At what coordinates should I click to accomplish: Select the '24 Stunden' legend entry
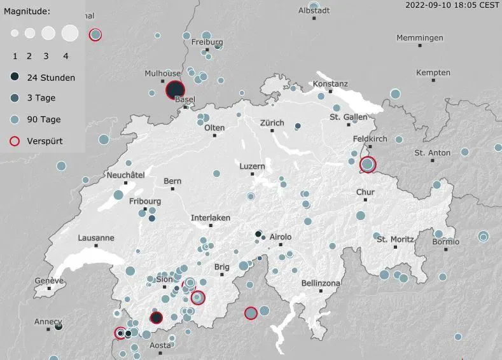(50, 78)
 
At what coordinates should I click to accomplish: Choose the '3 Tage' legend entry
(41, 99)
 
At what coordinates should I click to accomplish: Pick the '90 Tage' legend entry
(43, 120)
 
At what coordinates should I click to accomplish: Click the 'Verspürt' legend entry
(45, 141)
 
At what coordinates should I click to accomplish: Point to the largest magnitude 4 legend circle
(69, 32)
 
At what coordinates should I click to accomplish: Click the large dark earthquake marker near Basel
(175, 90)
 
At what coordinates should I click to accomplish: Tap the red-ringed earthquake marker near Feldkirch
(368, 165)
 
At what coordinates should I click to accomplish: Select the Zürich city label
(272, 122)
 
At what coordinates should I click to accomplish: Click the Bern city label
(172, 181)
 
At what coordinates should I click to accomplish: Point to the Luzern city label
(252, 166)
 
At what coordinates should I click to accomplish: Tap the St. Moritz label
(395, 239)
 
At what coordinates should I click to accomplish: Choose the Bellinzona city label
(321, 283)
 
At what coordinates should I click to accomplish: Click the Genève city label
(49, 280)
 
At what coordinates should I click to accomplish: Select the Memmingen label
(420, 38)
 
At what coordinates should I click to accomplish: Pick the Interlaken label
(211, 218)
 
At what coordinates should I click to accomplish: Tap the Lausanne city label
(96, 238)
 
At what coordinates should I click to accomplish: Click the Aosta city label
(160, 345)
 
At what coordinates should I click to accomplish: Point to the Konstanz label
(330, 84)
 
